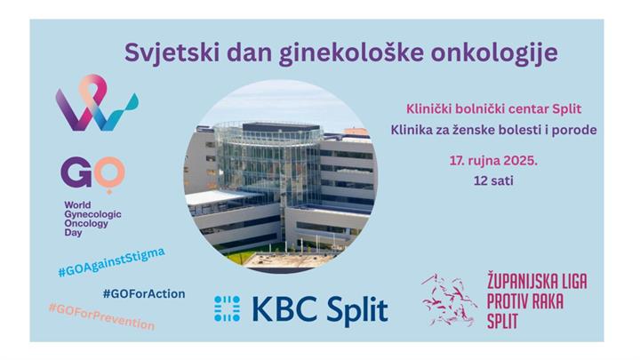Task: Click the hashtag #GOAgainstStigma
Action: [x=111, y=263]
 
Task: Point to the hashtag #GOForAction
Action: [x=144, y=293]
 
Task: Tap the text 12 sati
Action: [x=493, y=180]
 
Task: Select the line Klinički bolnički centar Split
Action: [x=493, y=109]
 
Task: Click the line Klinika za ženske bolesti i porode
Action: [x=493, y=130]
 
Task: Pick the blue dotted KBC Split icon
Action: [x=228, y=308]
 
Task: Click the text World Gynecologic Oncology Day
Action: [x=92, y=219]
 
